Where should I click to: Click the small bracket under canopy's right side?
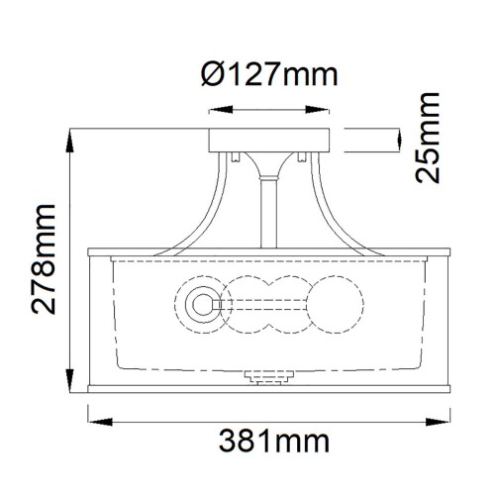point(298,155)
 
